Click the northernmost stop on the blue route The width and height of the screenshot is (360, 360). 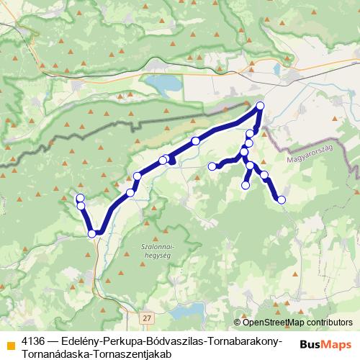(x=260, y=107)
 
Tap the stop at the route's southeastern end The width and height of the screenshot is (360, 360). (x=282, y=199)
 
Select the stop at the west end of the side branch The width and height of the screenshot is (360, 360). (x=212, y=166)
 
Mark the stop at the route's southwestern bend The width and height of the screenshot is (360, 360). (x=92, y=233)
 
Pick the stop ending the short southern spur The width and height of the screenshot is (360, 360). (x=245, y=186)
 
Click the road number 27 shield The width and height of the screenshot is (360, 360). (x=147, y=317)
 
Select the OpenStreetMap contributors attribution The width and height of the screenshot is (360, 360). (x=296, y=323)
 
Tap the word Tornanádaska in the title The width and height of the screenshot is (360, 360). (x=56, y=353)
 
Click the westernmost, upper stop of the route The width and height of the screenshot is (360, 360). (x=80, y=197)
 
